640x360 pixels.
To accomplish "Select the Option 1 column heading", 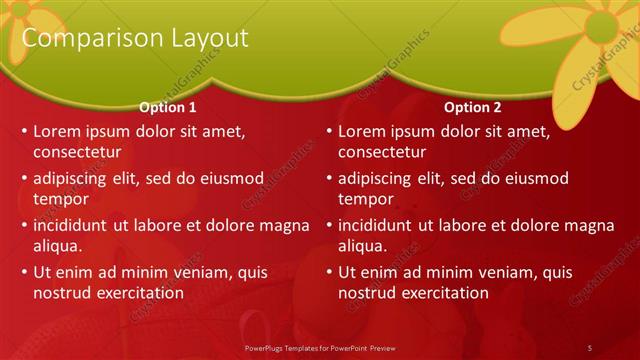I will click(167, 107).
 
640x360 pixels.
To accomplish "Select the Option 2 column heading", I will click(473, 107).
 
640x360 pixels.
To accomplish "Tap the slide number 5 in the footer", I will click(589, 347).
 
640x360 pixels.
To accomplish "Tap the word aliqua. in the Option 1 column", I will click(58, 246).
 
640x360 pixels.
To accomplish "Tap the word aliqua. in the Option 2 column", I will click(363, 246).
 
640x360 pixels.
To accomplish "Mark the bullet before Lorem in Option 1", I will click(24, 131).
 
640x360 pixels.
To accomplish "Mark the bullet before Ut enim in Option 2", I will click(329, 272).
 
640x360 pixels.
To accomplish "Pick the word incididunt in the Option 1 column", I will click(74, 225).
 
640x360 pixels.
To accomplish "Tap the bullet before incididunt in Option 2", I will click(329, 225).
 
